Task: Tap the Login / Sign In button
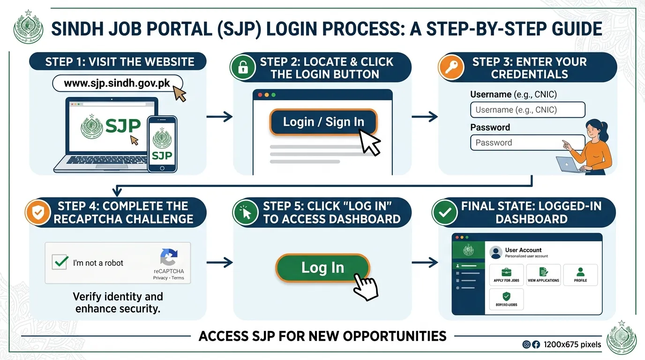323,122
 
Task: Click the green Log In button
322,268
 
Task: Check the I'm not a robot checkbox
60,262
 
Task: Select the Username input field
527,110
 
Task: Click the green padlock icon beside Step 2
242,68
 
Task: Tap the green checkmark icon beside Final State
444,212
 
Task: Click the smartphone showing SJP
162,144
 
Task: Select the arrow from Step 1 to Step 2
219,117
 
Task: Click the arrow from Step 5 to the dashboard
425,263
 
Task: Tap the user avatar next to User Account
495,253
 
